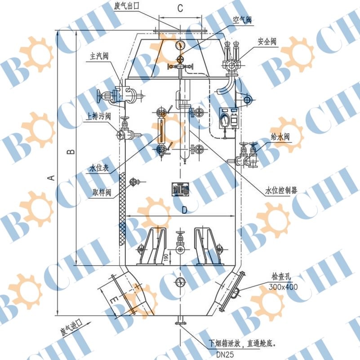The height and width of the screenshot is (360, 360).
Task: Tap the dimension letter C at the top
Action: (180, 8)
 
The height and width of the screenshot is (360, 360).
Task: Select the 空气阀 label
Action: (242, 20)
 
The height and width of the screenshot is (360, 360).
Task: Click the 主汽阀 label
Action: (99, 57)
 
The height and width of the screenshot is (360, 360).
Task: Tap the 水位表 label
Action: (98, 169)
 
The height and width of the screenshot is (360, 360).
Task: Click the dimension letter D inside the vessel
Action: (184, 210)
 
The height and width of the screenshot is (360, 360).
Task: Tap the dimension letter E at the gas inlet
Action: (114, 299)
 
